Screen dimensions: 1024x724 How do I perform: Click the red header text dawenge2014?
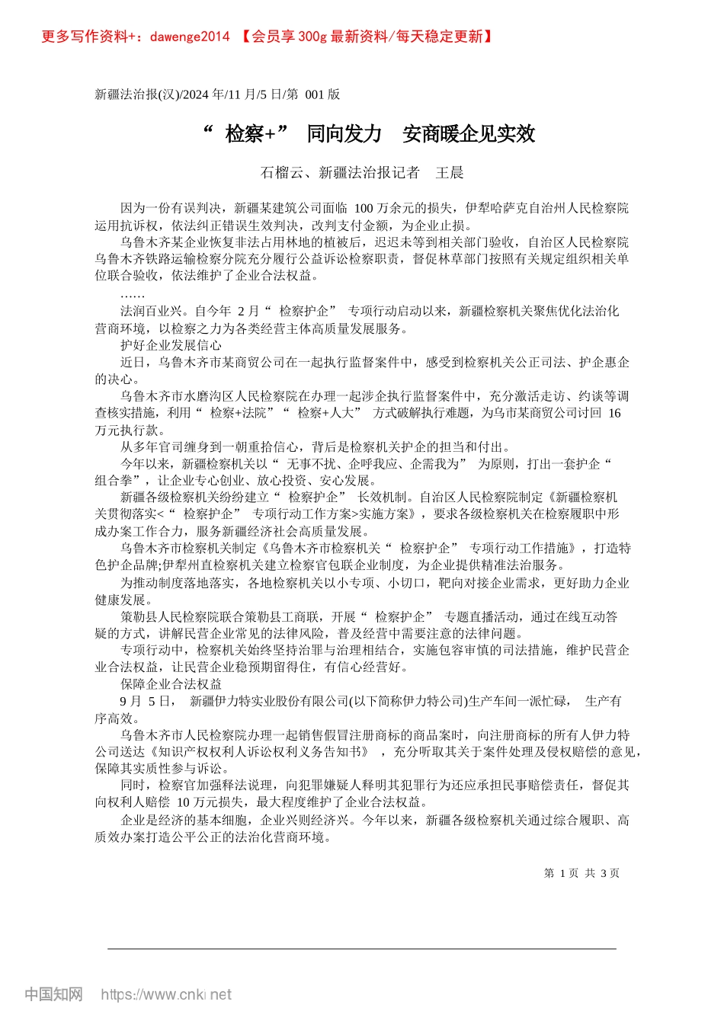pos(190,37)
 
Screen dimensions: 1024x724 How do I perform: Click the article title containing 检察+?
pos(369,134)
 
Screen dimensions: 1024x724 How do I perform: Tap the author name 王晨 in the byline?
pos(450,173)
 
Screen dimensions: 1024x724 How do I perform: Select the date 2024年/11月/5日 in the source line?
pos(232,94)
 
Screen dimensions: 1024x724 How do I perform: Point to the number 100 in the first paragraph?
pos(364,208)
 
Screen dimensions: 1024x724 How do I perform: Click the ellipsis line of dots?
pos(133,293)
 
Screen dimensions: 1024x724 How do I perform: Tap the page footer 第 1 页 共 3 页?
pos(581,873)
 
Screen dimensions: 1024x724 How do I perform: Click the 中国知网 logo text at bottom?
pos(53,994)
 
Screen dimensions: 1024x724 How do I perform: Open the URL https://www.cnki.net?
pos(166,994)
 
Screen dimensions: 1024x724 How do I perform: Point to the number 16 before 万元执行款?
pos(614,413)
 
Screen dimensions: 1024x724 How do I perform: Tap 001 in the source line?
pos(314,94)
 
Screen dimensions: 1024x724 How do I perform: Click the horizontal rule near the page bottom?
pos(361,949)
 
